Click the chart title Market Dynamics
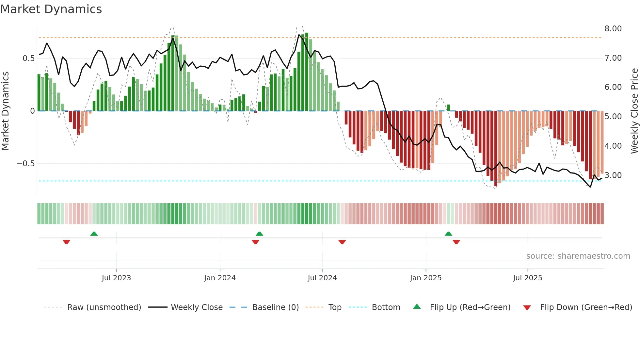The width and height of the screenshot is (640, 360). tap(51, 9)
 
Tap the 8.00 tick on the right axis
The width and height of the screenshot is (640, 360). tap(613, 29)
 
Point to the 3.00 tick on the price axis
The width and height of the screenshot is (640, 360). tap(613, 175)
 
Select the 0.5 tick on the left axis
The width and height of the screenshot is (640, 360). tap(28, 58)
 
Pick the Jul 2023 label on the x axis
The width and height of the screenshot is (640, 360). tap(116, 278)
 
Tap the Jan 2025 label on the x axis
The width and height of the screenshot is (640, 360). tap(425, 278)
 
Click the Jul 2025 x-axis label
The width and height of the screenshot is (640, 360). tap(527, 278)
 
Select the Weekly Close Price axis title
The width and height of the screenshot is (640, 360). tap(634, 111)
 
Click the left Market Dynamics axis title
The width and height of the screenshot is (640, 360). tap(5, 111)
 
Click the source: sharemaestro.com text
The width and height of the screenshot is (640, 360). tap(578, 256)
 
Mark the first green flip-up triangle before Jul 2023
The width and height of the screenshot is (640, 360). tap(94, 234)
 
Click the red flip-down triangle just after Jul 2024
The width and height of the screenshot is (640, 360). tap(342, 242)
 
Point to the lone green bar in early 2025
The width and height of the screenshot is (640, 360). tap(448, 107)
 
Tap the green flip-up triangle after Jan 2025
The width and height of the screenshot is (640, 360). tap(448, 234)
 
